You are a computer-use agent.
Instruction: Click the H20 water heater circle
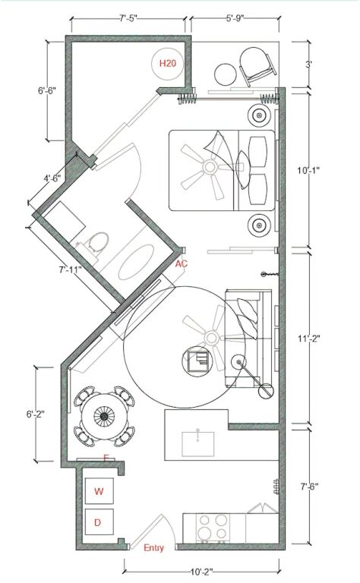point(168,64)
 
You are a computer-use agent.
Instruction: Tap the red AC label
point(182,264)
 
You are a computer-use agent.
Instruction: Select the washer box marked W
point(99,491)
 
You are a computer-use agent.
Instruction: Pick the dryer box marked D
point(99,522)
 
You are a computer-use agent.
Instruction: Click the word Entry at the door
point(153,547)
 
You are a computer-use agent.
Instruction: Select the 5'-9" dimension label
point(235,18)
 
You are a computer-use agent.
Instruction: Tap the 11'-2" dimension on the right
point(308,339)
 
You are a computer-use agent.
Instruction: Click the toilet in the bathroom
point(97,243)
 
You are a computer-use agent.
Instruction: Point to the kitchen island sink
point(198,444)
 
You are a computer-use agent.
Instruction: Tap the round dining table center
point(105,416)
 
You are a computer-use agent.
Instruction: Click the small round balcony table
point(226,74)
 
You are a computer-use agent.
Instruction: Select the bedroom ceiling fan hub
point(210,166)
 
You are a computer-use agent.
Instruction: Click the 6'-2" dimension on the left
point(36,414)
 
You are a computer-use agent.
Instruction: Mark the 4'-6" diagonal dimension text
point(52,178)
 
